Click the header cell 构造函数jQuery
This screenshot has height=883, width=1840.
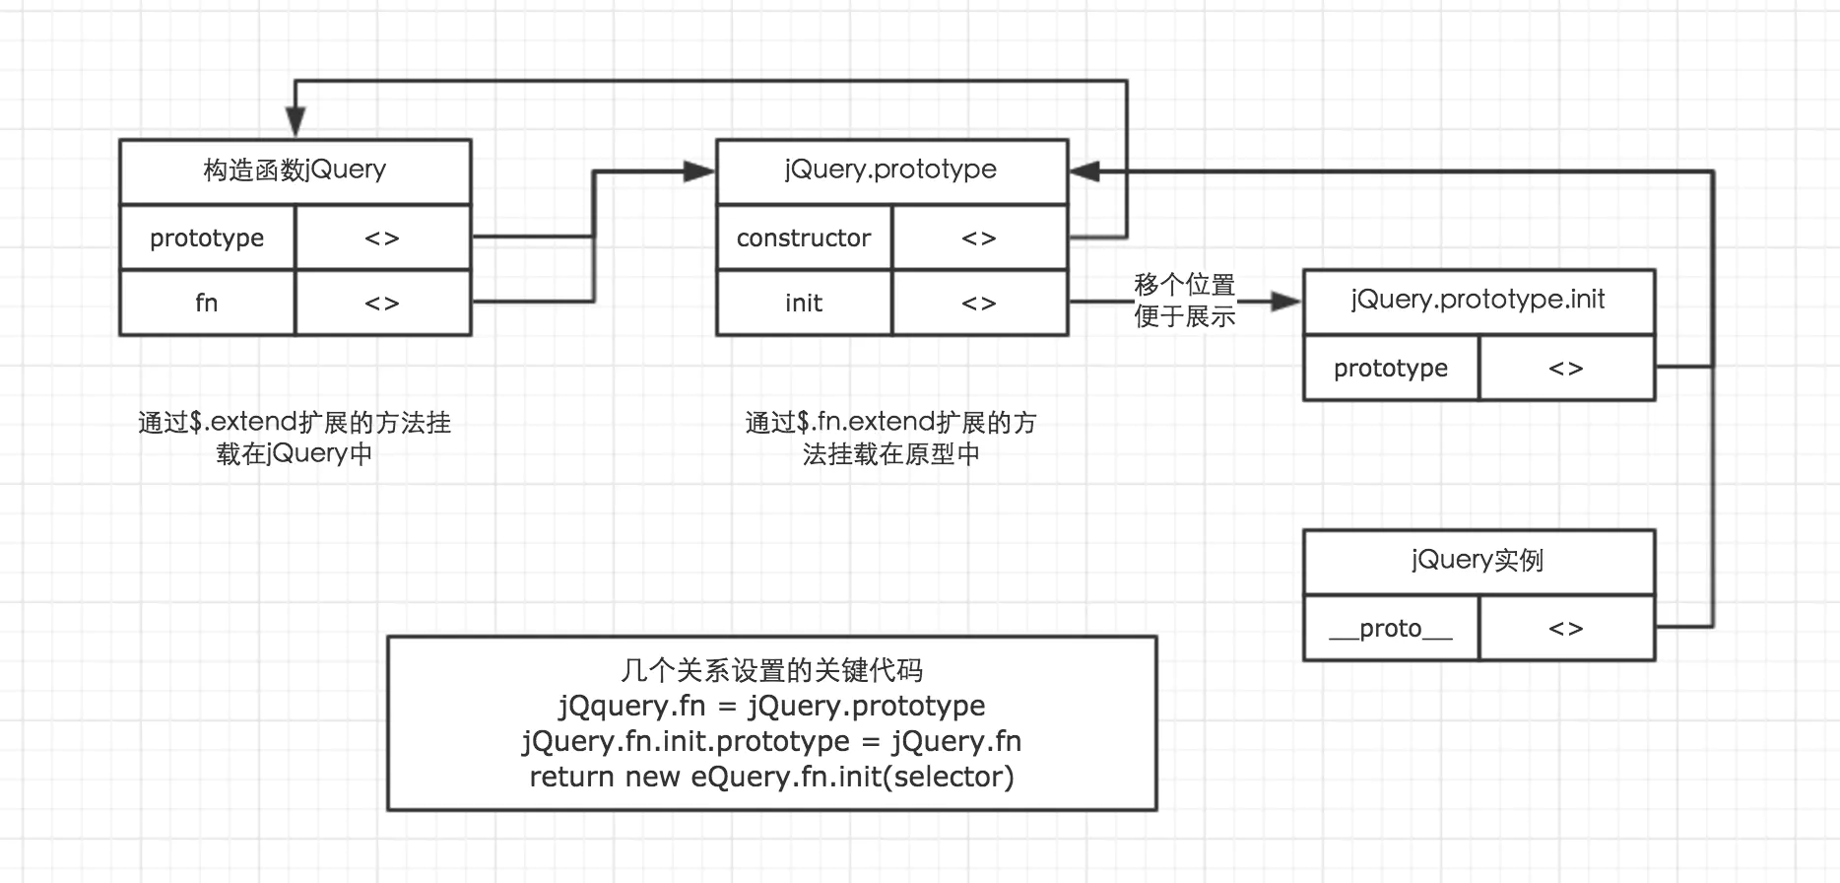(x=296, y=171)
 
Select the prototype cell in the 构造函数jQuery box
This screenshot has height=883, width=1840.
(x=207, y=238)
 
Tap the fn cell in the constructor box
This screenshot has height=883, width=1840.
(x=207, y=303)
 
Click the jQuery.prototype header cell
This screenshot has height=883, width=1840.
(x=892, y=171)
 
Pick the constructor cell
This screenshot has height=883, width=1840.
(x=804, y=238)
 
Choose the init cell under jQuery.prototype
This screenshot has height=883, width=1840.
(x=804, y=303)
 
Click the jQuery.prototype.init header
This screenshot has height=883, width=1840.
(x=1479, y=302)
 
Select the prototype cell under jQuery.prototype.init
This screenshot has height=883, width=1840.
(x=1391, y=368)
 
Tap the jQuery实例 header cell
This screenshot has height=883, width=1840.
(x=1479, y=562)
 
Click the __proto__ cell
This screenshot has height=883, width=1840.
(x=1391, y=628)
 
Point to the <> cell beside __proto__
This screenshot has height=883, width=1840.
(x=1567, y=628)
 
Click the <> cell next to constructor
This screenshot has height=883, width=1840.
(x=980, y=238)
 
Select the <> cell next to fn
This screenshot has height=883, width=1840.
(x=383, y=303)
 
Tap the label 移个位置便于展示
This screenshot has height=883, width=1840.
(x=1184, y=301)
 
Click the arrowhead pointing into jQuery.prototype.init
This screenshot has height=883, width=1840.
(x=1286, y=302)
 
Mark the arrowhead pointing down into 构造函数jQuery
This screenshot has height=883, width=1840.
(x=296, y=123)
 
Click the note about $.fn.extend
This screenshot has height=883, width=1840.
(x=891, y=439)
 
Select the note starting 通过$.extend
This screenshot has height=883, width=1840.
(x=295, y=439)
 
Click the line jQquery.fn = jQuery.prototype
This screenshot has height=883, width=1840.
(x=771, y=706)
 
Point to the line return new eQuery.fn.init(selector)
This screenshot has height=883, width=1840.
(x=771, y=777)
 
